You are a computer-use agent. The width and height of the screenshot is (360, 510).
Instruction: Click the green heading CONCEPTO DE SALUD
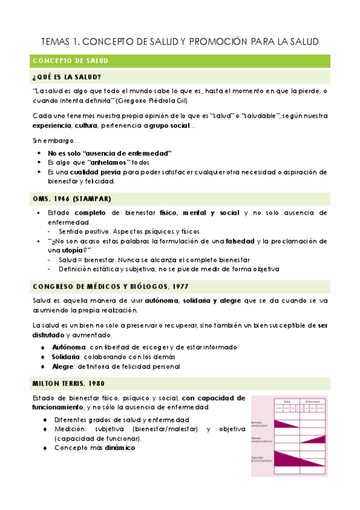70,61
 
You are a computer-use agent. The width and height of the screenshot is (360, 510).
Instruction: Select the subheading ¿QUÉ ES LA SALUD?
67,76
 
